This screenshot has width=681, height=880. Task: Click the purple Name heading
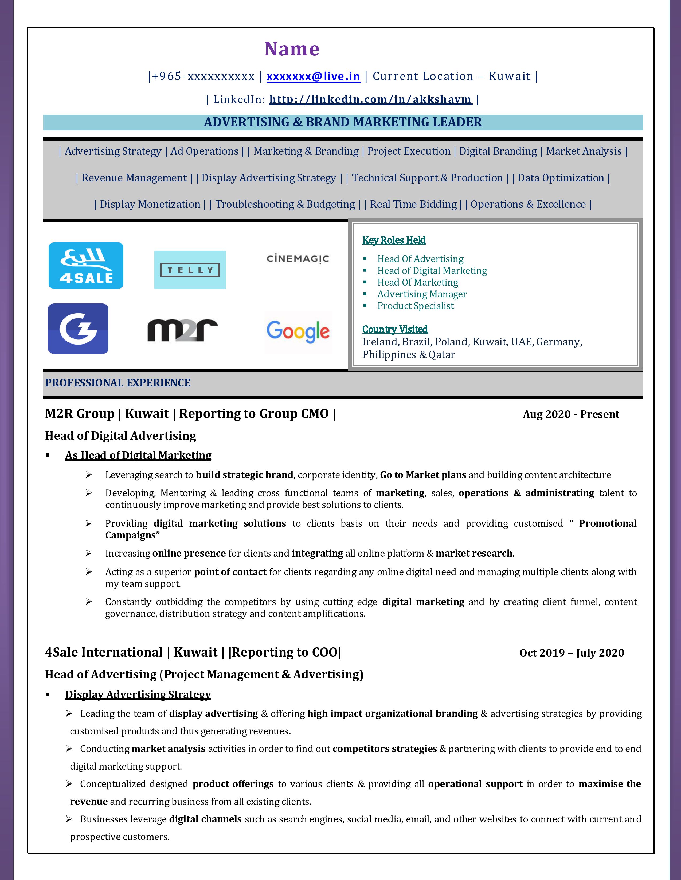click(292, 49)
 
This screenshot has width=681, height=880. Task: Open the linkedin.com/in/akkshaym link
click(370, 99)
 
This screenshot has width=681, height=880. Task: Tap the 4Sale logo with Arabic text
click(86, 266)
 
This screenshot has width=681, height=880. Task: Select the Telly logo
click(190, 270)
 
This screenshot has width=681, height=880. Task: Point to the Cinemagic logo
click(298, 259)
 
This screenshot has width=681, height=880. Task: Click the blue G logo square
click(78, 329)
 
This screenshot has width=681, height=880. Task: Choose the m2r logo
click(182, 330)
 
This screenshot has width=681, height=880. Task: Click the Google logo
click(298, 332)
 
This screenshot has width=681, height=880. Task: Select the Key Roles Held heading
click(394, 240)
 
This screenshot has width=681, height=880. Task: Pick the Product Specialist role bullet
click(416, 306)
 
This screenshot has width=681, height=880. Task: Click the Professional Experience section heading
click(118, 383)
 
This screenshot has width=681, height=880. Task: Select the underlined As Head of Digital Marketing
click(138, 455)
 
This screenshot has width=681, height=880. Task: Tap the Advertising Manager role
click(422, 294)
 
